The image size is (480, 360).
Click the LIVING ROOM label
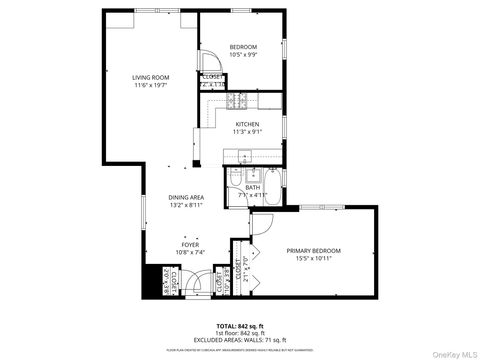tap(153, 77)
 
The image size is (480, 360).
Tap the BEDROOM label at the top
tap(243, 48)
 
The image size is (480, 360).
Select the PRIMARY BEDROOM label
tap(313, 250)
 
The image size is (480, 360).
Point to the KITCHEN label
tap(247, 125)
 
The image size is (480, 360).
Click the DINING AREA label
tap(186, 198)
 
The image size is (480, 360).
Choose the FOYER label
tap(189, 244)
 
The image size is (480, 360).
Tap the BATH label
tap(253, 187)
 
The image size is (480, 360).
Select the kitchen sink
tap(243, 157)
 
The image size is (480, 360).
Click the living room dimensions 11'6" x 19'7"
tap(153, 86)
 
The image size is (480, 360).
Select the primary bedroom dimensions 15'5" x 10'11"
tap(313, 259)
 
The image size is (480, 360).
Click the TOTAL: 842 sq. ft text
tap(240, 326)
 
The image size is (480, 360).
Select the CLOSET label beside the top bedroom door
tap(213, 76)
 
